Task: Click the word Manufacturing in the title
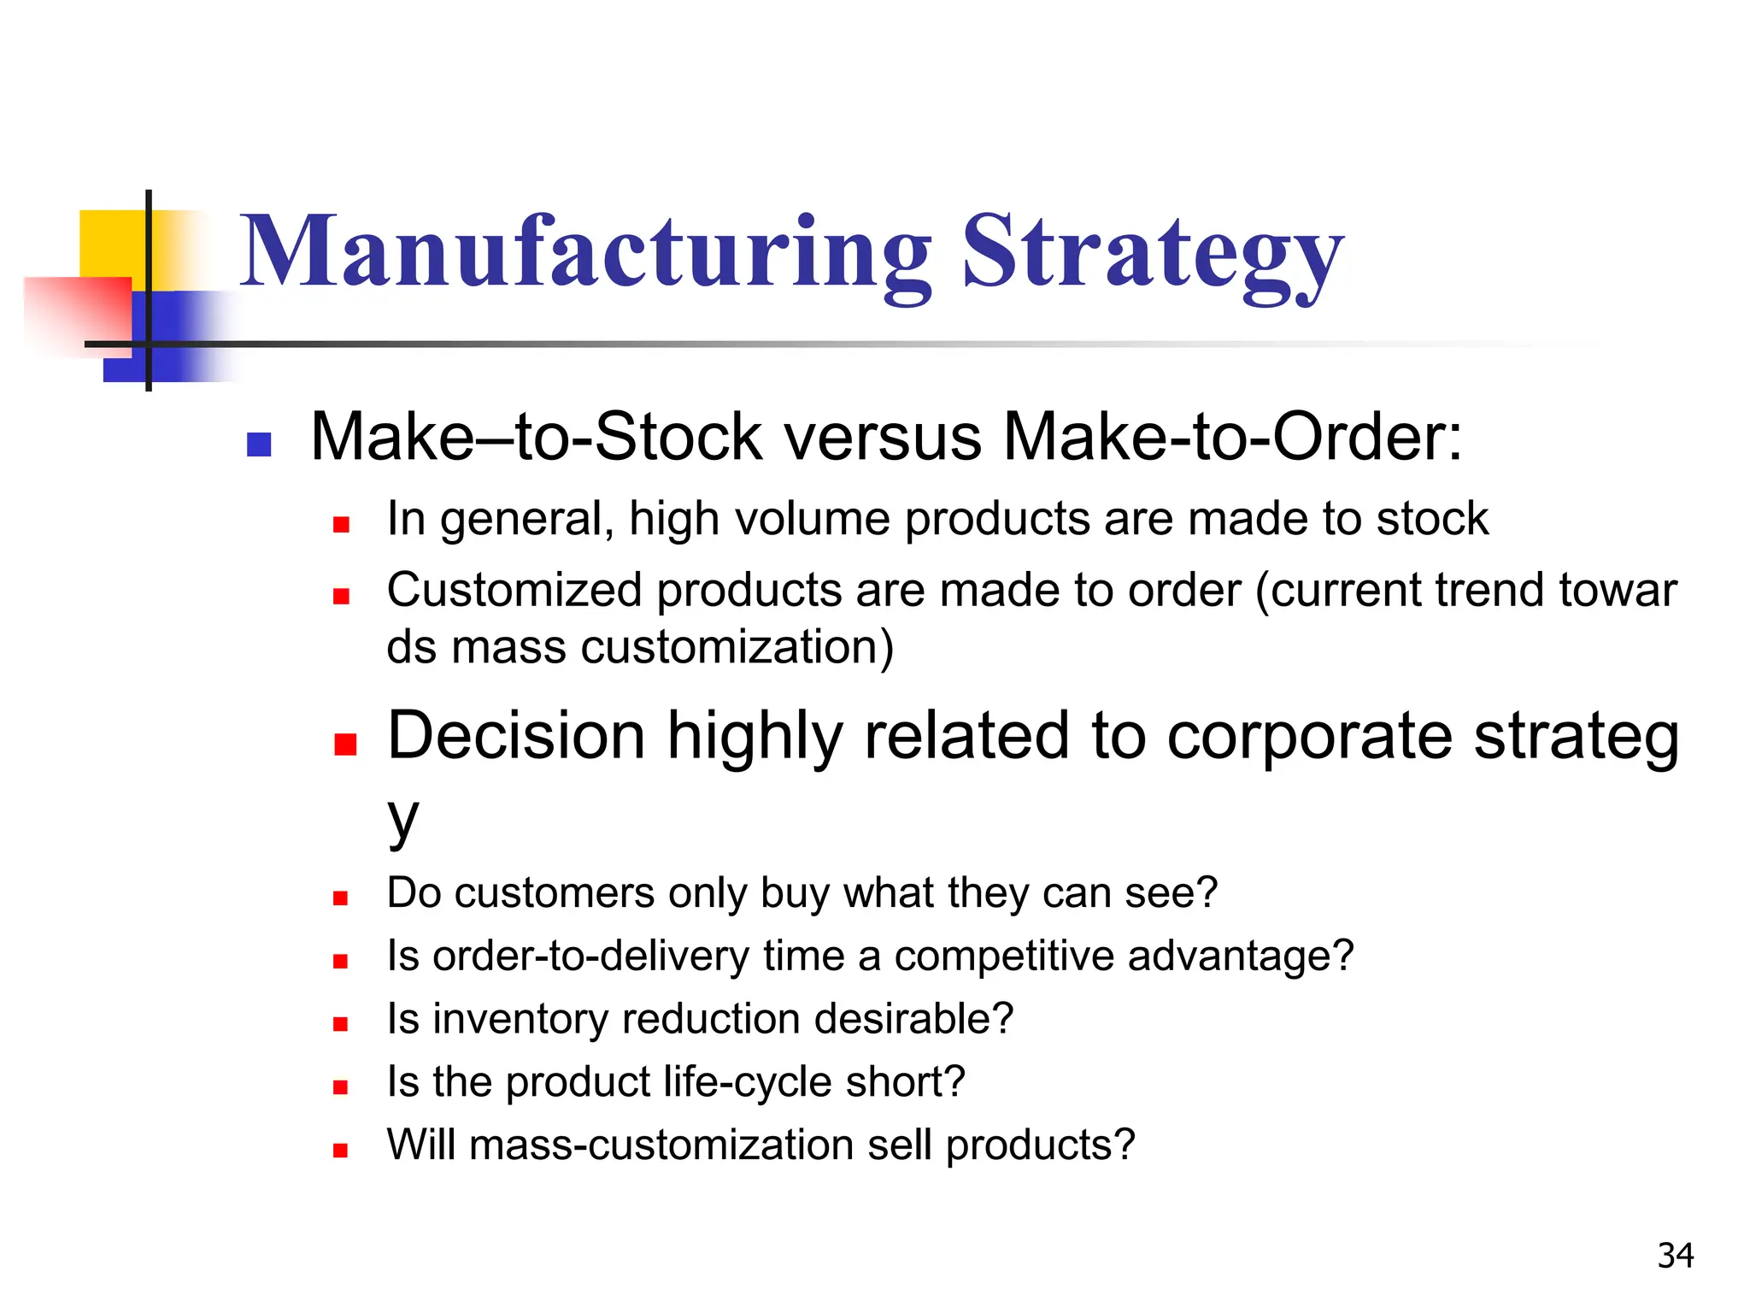click(585, 252)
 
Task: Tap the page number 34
click(1675, 1256)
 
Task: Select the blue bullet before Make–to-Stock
click(259, 445)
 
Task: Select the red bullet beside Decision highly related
click(345, 744)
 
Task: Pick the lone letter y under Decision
click(402, 818)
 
